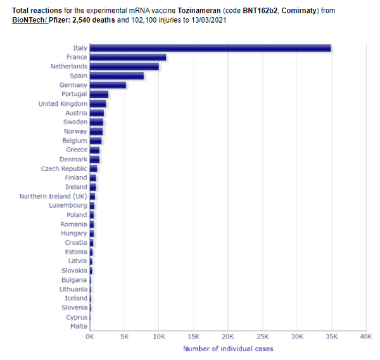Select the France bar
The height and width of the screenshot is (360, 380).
129,57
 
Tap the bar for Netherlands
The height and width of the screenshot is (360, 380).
125,67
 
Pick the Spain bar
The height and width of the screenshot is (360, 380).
117,76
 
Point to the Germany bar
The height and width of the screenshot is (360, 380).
108,85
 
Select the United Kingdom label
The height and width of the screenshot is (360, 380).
63,104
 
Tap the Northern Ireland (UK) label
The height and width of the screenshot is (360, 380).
53,196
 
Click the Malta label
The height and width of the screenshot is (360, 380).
79,326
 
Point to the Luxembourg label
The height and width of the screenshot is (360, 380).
68,205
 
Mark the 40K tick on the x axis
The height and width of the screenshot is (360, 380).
365,336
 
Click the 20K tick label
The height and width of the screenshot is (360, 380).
228,336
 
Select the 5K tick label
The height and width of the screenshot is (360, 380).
125,336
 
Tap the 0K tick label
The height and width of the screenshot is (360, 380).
91,336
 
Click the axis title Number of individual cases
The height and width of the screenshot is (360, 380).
228,348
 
